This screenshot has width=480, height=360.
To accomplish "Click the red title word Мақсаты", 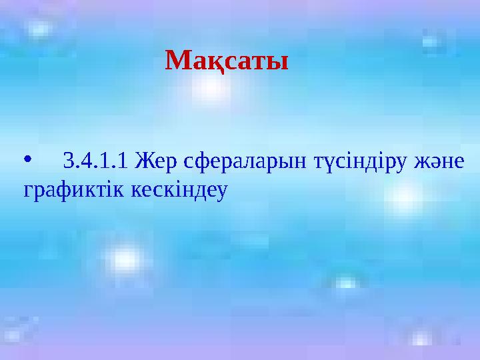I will [x=227, y=63].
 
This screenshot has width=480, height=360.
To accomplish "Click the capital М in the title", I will [x=177, y=63].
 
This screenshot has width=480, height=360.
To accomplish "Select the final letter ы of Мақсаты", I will [x=279, y=64].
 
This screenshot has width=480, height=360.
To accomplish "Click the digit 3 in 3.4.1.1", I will [x=67, y=161].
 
